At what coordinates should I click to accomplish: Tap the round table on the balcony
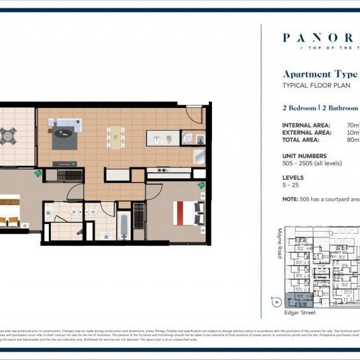[x=8, y=135]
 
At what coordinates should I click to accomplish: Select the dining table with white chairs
[x=116, y=135]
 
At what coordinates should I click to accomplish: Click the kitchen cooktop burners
[x=157, y=170]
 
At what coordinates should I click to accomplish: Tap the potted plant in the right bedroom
[x=202, y=185]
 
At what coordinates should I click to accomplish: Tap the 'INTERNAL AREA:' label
[x=305, y=125]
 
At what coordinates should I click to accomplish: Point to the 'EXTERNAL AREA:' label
[x=306, y=133]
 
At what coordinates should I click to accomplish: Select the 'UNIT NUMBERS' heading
[x=304, y=156]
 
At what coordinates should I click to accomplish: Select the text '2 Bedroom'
[x=300, y=108]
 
